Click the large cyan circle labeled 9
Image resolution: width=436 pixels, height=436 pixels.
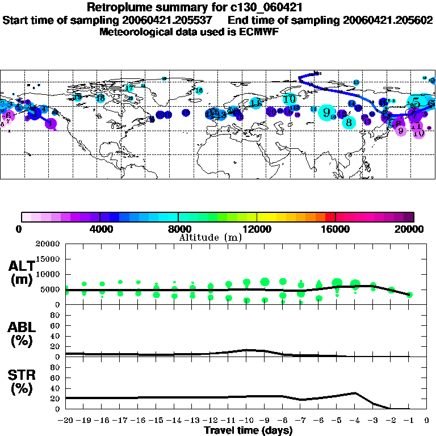pos(326,112)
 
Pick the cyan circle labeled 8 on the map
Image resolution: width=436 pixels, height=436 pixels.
pos(349,121)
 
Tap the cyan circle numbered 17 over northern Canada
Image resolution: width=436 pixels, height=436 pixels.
pos(130,88)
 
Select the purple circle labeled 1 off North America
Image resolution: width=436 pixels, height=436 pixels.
pos(51,124)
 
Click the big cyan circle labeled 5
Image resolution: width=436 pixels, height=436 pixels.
pos(417,102)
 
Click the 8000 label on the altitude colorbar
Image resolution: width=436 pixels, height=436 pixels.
pos(178,229)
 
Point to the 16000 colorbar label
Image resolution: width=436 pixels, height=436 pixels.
pos(336,229)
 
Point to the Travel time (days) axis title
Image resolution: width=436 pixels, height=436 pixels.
pos(248,430)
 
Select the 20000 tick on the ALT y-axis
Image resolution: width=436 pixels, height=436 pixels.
pos(48,244)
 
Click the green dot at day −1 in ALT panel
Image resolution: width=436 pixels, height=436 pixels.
pos(409,295)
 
